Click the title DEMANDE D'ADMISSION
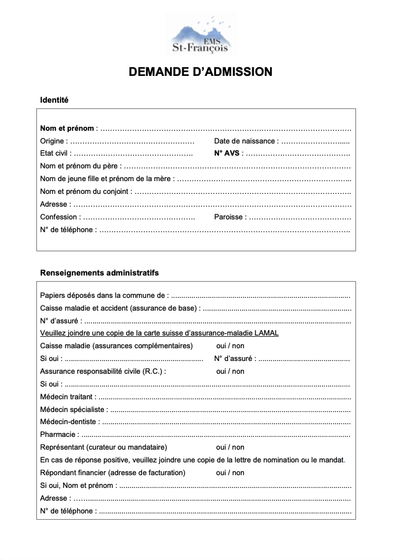[x=200, y=72]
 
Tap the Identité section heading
[x=54, y=100]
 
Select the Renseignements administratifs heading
[x=99, y=272]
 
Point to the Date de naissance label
[x=245, y=141]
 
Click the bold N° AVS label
[x=228, y=154]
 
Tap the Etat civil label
[x=55, y=154]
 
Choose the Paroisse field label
[x=229, y=217]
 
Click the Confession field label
[x=59, y=217]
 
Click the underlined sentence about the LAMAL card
[x=159, y=333]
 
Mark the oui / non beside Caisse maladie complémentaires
[x=230, y=346]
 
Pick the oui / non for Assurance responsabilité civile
[x=230, y=371]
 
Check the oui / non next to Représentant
[x=230, y=447]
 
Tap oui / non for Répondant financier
[x=230, y=473]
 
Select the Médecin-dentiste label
[x=69, y=422]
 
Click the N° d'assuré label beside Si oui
[x=234, y=358]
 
